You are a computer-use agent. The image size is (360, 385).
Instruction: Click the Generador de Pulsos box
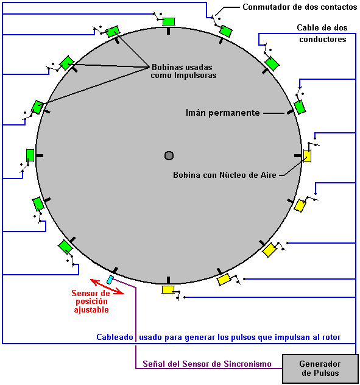point(320,369)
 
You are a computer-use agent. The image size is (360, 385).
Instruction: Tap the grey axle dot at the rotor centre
point(169,155)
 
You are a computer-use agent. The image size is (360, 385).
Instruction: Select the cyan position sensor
point(110,280)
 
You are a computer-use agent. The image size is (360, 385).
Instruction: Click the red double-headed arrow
point(107,286)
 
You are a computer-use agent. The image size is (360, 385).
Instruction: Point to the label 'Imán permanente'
point(222,113)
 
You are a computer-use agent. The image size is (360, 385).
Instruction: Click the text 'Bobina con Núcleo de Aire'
point(225,175)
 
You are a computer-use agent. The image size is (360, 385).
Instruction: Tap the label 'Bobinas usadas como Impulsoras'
point(183,71)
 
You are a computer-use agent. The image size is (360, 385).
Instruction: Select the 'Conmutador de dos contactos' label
point(300,7)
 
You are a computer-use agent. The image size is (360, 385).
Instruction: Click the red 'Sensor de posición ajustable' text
point(91,302)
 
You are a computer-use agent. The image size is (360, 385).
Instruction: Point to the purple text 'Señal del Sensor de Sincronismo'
point(207,364)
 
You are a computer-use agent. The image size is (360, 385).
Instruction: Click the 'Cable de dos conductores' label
point(322,34)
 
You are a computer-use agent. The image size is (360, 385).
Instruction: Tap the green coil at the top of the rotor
point(169,21)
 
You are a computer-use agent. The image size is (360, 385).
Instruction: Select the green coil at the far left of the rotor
point(30,155)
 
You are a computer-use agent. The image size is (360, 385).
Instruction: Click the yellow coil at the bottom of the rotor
point(168,289)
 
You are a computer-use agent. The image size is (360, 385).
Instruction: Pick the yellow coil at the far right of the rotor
point(307,156)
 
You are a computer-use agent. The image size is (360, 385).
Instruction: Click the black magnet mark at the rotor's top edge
point(168,31)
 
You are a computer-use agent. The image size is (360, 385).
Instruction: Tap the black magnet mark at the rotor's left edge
point(40,155)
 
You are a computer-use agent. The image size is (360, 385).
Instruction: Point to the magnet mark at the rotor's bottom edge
point(168,280)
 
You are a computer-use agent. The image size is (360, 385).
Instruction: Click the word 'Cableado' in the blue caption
point(115,337)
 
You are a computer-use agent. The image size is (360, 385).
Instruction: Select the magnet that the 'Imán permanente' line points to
point(291,112)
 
